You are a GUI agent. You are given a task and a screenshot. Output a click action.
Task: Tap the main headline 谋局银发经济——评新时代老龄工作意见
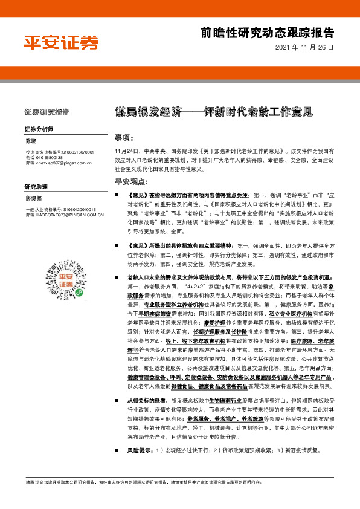214,112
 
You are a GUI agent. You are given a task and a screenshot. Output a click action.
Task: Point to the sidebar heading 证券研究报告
47,112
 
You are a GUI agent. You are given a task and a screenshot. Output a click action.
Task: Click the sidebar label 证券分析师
39,130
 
